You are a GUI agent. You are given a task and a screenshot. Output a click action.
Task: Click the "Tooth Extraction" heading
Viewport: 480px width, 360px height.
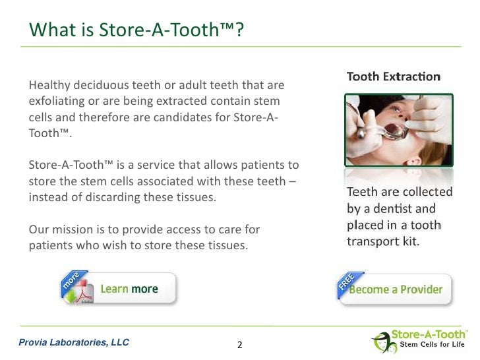click(x=394, y=76)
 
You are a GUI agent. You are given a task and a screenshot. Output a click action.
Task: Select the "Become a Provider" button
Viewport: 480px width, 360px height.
click(x=396, y=289)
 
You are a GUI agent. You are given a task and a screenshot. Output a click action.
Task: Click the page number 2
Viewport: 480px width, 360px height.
click(x=239, y=344)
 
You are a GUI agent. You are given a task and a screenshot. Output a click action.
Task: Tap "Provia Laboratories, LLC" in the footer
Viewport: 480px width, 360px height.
click(x=74, y=342)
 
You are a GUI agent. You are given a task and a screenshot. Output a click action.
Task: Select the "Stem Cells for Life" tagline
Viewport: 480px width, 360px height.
click(x=433, y=346)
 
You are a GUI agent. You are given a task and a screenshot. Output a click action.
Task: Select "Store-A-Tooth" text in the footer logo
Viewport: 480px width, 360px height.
click(x=429, y=335)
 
